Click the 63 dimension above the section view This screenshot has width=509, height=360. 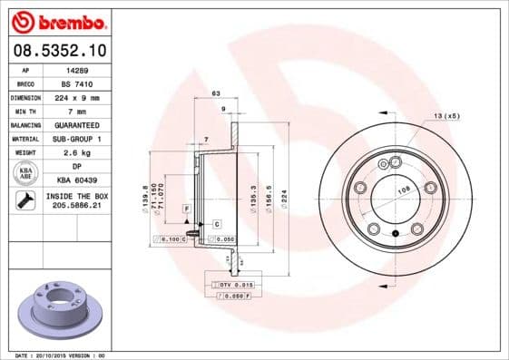(x=216, y=93)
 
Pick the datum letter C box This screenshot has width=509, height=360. (x=217, y=223)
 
